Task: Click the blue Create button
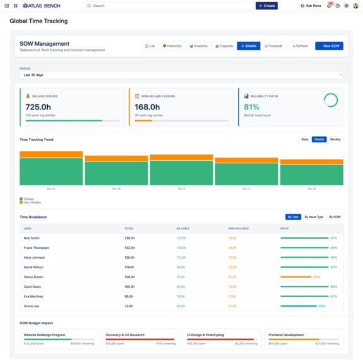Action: (x=267, y=6)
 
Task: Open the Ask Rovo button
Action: (x=310, y=6)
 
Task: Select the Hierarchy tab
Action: (x=172, y=46)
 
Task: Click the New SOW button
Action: (x=329, y=46)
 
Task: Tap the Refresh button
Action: (x=300, y=46)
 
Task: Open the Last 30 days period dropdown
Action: (x=181, y=75)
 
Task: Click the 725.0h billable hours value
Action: (x=38, y=107)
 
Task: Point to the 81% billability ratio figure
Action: (x=251, y=107)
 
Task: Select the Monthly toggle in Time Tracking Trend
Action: (x=335, y=139)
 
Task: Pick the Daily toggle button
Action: (x=305, y=139)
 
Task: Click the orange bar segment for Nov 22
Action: (x=51, y=154)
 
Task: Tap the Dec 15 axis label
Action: (x=246, y=188)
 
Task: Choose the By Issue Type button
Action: (x=314, y=217)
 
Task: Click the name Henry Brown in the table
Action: (x=33, y=277)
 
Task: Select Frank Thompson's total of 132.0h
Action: (x=130, y=248)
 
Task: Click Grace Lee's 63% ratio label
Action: (x=323, y=306)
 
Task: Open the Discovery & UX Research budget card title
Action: (x=125, y=335)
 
